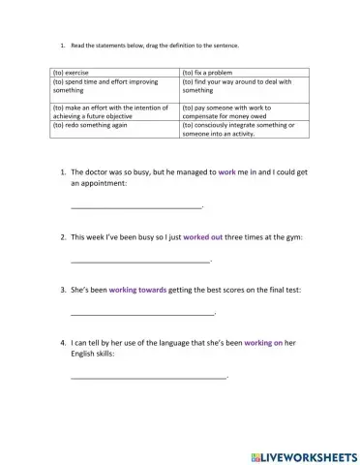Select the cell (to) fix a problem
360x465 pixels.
(244, 73)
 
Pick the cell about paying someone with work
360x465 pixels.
(244, 110)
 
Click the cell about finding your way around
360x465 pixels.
(244, 87)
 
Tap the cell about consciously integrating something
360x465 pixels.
(244, 129)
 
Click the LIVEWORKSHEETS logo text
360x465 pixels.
(303, 453)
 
